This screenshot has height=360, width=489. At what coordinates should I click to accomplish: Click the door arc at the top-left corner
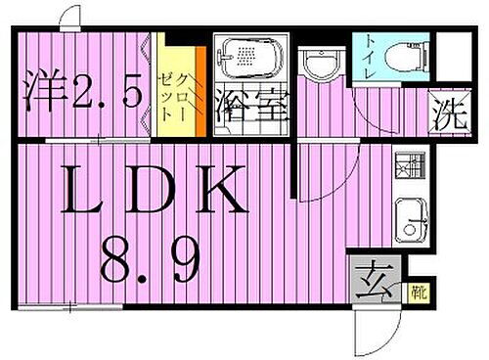coord(70,17)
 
